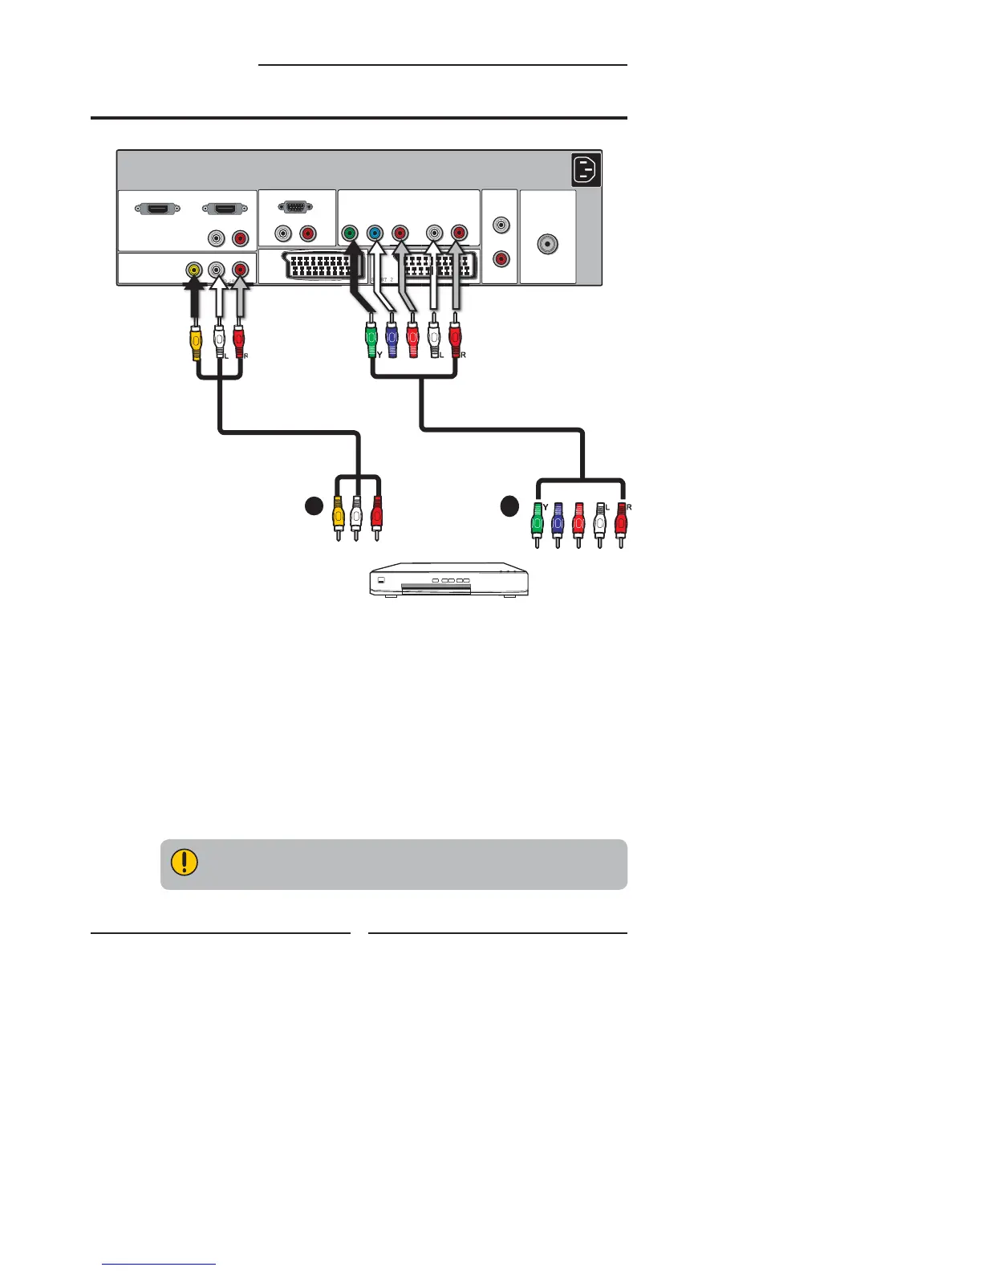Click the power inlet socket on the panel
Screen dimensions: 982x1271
tap(586, 171)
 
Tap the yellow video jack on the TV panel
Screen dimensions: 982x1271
tap(193, 270)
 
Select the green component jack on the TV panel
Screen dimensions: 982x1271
tap(349, 233)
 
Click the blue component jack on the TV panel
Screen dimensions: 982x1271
tap(374, 233)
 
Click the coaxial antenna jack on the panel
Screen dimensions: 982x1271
tap(548, 245)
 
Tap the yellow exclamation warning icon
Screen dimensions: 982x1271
tap(185, 863)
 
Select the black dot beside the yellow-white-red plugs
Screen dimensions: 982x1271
tap(313, 506)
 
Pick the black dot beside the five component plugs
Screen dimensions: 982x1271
tap(509, 506)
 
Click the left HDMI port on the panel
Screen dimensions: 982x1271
tap(158, 209)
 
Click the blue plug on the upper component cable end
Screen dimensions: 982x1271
tap(392, 341)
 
